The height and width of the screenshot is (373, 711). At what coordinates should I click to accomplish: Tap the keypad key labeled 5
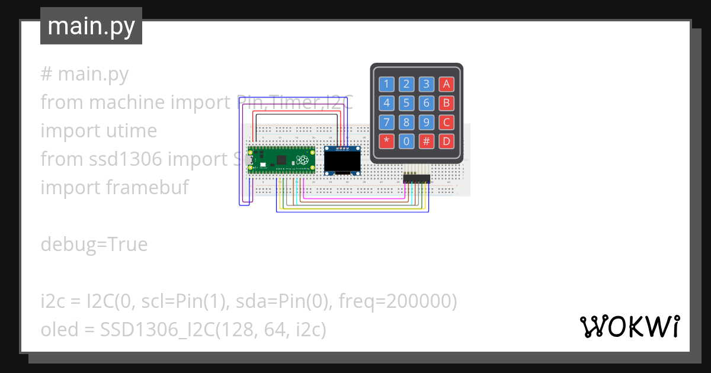(406, 104)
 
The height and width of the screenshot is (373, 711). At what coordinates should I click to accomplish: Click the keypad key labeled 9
(427, 123)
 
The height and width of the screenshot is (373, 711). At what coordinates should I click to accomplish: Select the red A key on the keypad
(447, 84)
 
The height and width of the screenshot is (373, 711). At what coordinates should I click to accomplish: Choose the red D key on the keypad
(447, 142)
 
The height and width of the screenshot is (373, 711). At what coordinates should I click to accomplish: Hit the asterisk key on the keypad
(387, 142)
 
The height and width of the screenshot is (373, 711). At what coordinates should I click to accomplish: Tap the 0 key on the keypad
(406, 142)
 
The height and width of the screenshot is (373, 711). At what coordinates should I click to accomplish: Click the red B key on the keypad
(447, 104)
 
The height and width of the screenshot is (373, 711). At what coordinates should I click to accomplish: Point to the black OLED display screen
(342, 161)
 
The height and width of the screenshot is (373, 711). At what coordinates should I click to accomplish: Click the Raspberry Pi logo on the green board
(303, 159)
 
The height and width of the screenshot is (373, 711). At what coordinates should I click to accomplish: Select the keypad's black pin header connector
(417, 178)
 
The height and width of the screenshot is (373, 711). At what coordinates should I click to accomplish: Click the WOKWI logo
(629, 326)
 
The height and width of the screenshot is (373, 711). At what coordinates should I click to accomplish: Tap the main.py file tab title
(91, 26)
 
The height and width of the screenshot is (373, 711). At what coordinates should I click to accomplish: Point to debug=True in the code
(94, 244)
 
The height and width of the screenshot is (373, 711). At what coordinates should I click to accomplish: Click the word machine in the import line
(127, 102)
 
